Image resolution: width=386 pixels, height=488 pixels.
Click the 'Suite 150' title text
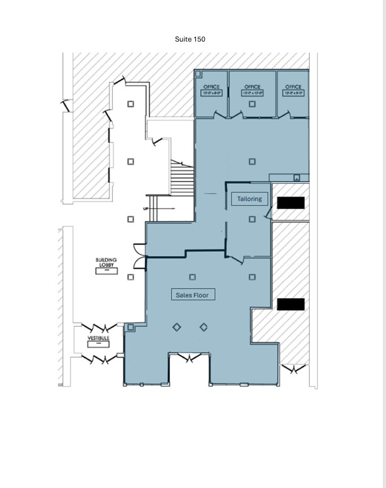point(190,39)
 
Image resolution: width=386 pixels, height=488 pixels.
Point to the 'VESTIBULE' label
point(98,338)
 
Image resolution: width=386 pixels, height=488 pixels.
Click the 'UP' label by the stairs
point(146,208)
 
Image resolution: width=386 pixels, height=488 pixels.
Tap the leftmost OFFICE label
point(211,87)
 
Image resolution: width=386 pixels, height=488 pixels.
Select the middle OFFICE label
point(252,87)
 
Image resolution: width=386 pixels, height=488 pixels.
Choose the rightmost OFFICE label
point(293,87)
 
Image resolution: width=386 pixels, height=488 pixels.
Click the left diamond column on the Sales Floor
point(177,326)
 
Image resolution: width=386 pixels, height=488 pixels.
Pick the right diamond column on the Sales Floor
point(203,326)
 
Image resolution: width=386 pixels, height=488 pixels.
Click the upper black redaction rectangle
point(291,203)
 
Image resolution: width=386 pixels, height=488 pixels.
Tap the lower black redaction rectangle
point(291,304)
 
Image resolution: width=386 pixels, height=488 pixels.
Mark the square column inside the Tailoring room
point(252,219)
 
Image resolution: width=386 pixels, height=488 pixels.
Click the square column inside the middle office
point(252,104)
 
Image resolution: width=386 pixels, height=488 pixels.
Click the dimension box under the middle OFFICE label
point(252,93)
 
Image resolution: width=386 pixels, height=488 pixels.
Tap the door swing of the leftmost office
point(219,115)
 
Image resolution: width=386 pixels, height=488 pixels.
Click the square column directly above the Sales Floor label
point(193,276)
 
